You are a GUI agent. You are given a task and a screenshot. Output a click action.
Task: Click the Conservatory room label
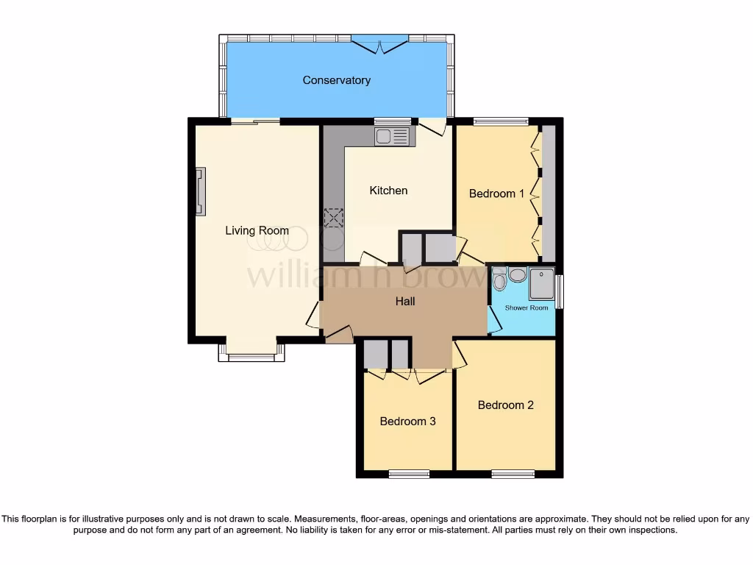coord(336,80)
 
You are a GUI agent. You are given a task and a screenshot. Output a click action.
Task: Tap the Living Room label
coord(257,231)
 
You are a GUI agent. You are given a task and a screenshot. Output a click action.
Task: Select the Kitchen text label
coord(388,191)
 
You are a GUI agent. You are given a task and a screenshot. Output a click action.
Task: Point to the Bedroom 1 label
coord(496,193)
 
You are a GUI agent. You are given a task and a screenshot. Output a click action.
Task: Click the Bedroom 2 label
coord(505,405)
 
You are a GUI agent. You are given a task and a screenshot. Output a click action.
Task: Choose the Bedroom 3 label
coord(407,422)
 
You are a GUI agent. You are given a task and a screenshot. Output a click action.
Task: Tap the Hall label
coord(405,301)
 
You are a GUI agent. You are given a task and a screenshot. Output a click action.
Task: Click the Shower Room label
coord(527,308)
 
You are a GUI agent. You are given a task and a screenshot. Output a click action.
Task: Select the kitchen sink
coord(391,136)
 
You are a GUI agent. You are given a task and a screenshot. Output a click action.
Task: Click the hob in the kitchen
coord(334,218)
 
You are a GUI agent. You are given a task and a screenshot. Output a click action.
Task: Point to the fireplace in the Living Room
coord(200,191)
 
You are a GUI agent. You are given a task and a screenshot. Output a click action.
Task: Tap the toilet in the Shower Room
coord(499,280)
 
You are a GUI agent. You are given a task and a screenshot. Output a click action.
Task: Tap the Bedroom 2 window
coord(513,474)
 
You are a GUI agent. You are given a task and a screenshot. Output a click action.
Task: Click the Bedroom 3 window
coord(410,474)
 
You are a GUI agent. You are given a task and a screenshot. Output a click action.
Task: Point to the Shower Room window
coord(559,292)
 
